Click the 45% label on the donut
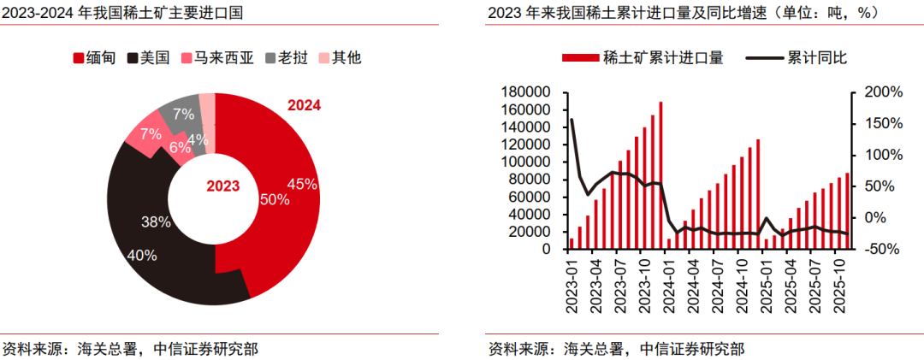[x=302, y=184]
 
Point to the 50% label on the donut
[x=275, y=199]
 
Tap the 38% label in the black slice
[x=156, y=221]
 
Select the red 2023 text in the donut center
[x=223, y=186]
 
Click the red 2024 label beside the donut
[x=304, y=106]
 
